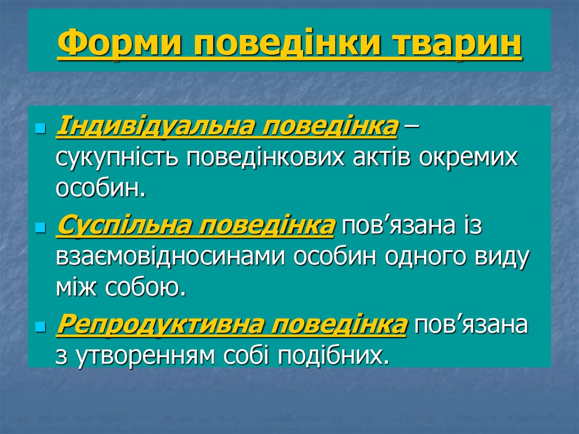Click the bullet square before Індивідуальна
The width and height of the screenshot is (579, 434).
40,129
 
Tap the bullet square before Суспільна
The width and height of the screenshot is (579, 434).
40,228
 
